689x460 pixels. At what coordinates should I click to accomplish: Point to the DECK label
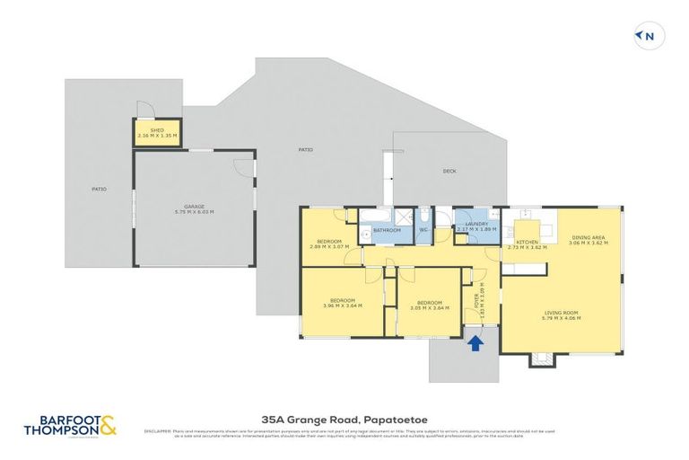click(449, 171)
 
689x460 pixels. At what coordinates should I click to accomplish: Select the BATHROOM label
click(387, 231)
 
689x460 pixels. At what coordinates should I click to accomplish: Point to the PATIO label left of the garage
click(99, 190)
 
